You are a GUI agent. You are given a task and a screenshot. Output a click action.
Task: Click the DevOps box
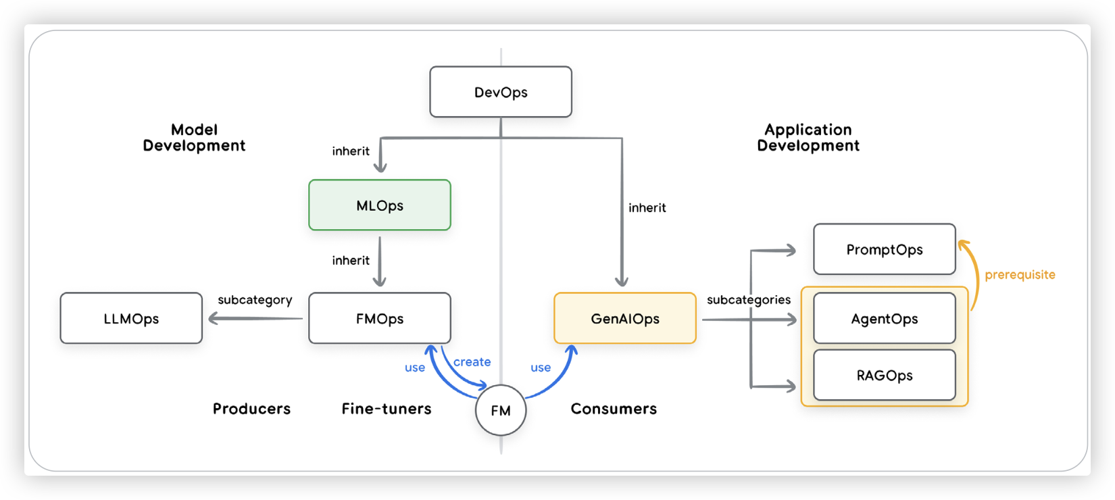[x=501, y=92]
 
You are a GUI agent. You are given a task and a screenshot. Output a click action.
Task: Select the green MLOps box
[x=380, y=205]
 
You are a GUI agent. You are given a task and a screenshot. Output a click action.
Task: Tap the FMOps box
[x=380, y=318]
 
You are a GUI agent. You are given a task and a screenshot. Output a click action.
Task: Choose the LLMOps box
[x=131, y=318]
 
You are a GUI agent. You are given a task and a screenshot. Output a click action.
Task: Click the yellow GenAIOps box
[x=625, y=318]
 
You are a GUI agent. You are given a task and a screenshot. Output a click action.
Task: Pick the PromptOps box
[x=885, y=249]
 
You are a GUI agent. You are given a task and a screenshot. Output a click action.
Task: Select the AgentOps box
[x=885, y=318]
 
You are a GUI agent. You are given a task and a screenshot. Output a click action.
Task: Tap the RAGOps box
[x=885, y=375]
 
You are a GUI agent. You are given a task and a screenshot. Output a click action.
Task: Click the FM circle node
[x=501, y=410]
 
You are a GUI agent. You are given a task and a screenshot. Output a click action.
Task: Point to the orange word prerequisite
[x=1020, y=275]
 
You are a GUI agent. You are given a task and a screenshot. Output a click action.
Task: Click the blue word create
[x=472, y=362]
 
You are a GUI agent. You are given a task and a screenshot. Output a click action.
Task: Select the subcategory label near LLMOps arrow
[x=255, y=300]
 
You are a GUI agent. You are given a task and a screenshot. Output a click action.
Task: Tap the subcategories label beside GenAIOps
[x=749, y=300]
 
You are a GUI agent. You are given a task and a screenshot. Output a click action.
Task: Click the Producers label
[x=251, y=409]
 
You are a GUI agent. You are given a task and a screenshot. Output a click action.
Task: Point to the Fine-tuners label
[x=387, y=409]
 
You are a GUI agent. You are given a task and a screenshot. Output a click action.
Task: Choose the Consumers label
[x=614, y=409]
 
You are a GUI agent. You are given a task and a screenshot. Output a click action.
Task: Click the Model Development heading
[x=194, y=138]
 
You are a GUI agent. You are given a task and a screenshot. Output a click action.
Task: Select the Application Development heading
[x=808, y=138]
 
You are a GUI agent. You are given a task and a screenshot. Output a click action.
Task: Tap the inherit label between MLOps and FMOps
[x=351, y=261]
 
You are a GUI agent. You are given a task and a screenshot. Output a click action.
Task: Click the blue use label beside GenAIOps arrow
[x=541, y=368]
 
